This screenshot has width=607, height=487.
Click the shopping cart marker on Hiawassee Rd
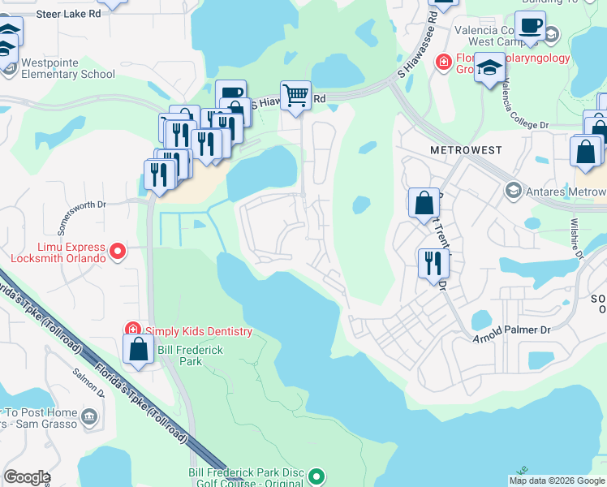pyautogui.click(x=296, y=96)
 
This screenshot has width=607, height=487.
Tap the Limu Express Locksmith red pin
pyautogui.click(x=118, y=252)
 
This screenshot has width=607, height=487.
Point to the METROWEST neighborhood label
pyautogui.click(x=466, y=150)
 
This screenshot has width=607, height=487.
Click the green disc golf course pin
pyautogui.click(x=317, y=476)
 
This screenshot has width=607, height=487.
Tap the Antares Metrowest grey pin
pyautogui.click(x=513, y=191)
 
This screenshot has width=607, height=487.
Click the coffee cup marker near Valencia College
pyautogui.click(x=530, y=25)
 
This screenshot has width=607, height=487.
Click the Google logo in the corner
pyautogui.click(x=28, y=477)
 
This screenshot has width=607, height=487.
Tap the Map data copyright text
pyautogui.click(x=556, y=481)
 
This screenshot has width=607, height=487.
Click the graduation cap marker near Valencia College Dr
pyautogui.click(x=489, y=67)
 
